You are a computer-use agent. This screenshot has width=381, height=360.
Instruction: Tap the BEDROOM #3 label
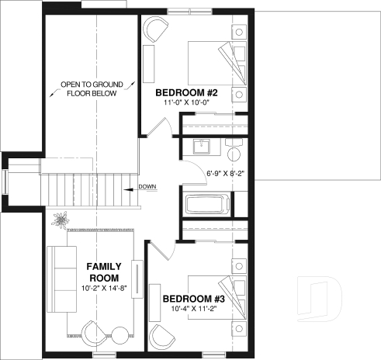pyautogui.click(x=193, y=299)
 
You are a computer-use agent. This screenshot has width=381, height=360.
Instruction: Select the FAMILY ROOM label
pyautogui.click(x=102, y=272)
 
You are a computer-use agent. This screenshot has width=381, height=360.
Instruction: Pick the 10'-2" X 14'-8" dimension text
pyautogui.click(x=102, y=289)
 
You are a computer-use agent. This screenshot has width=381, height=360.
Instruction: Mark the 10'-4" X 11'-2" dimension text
pyautogui.click(x=193, y=310)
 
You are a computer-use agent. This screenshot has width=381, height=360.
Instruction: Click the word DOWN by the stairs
pyautogui.click(x=148, y=187)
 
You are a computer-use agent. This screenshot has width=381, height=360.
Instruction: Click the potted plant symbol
pyautogui.click(x=59, y=220)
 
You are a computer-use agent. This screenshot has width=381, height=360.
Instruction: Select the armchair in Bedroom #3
pyautogui.click(x=163, y=337)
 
